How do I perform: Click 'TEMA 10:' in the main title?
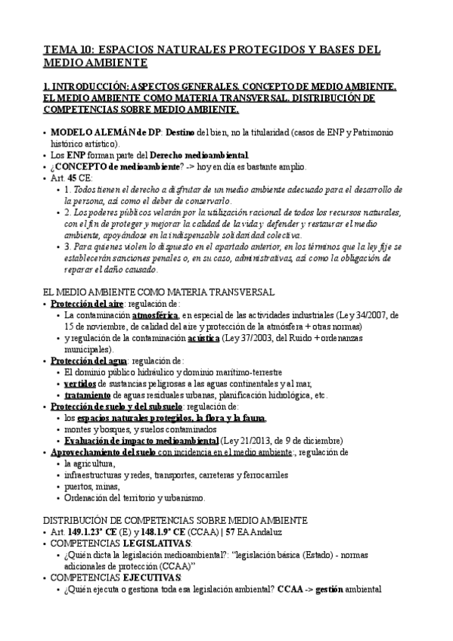[68, 50]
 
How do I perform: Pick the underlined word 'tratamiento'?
[88, 395]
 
